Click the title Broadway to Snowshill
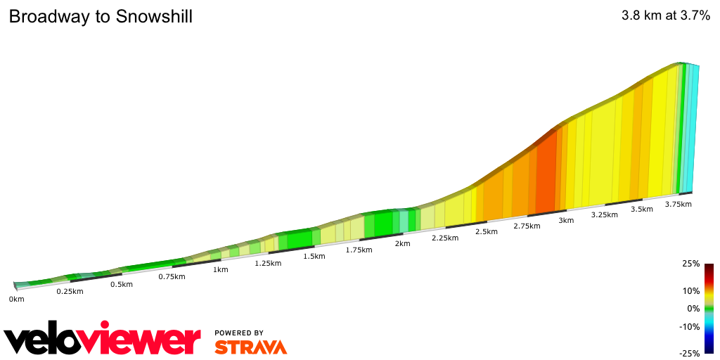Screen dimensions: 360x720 click(101, 17)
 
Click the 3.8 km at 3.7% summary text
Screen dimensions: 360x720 click(666, 16)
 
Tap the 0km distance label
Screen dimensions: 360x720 click(16, 299)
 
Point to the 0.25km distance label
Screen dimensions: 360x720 click(70, 292)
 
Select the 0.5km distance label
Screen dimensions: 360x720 click(122, 285)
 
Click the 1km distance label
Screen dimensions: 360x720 click(220, 270)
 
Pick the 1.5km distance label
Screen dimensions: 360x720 click(314, 256)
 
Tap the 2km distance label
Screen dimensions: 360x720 click(402, 244)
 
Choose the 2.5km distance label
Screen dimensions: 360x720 click(487, 232)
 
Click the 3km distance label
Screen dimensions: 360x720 click(566, 221)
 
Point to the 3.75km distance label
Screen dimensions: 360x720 click(679, 205)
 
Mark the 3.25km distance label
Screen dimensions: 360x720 click(604, 215)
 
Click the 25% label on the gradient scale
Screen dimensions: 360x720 click(691, 264)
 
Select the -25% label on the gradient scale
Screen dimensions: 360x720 click(690, 353)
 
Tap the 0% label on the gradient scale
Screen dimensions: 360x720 click(693, 308)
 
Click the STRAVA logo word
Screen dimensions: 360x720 click(250, 347)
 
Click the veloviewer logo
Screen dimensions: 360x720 click(103, 340)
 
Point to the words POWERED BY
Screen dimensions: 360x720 click(239, 333)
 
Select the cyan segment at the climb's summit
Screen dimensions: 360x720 click(692, 127)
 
